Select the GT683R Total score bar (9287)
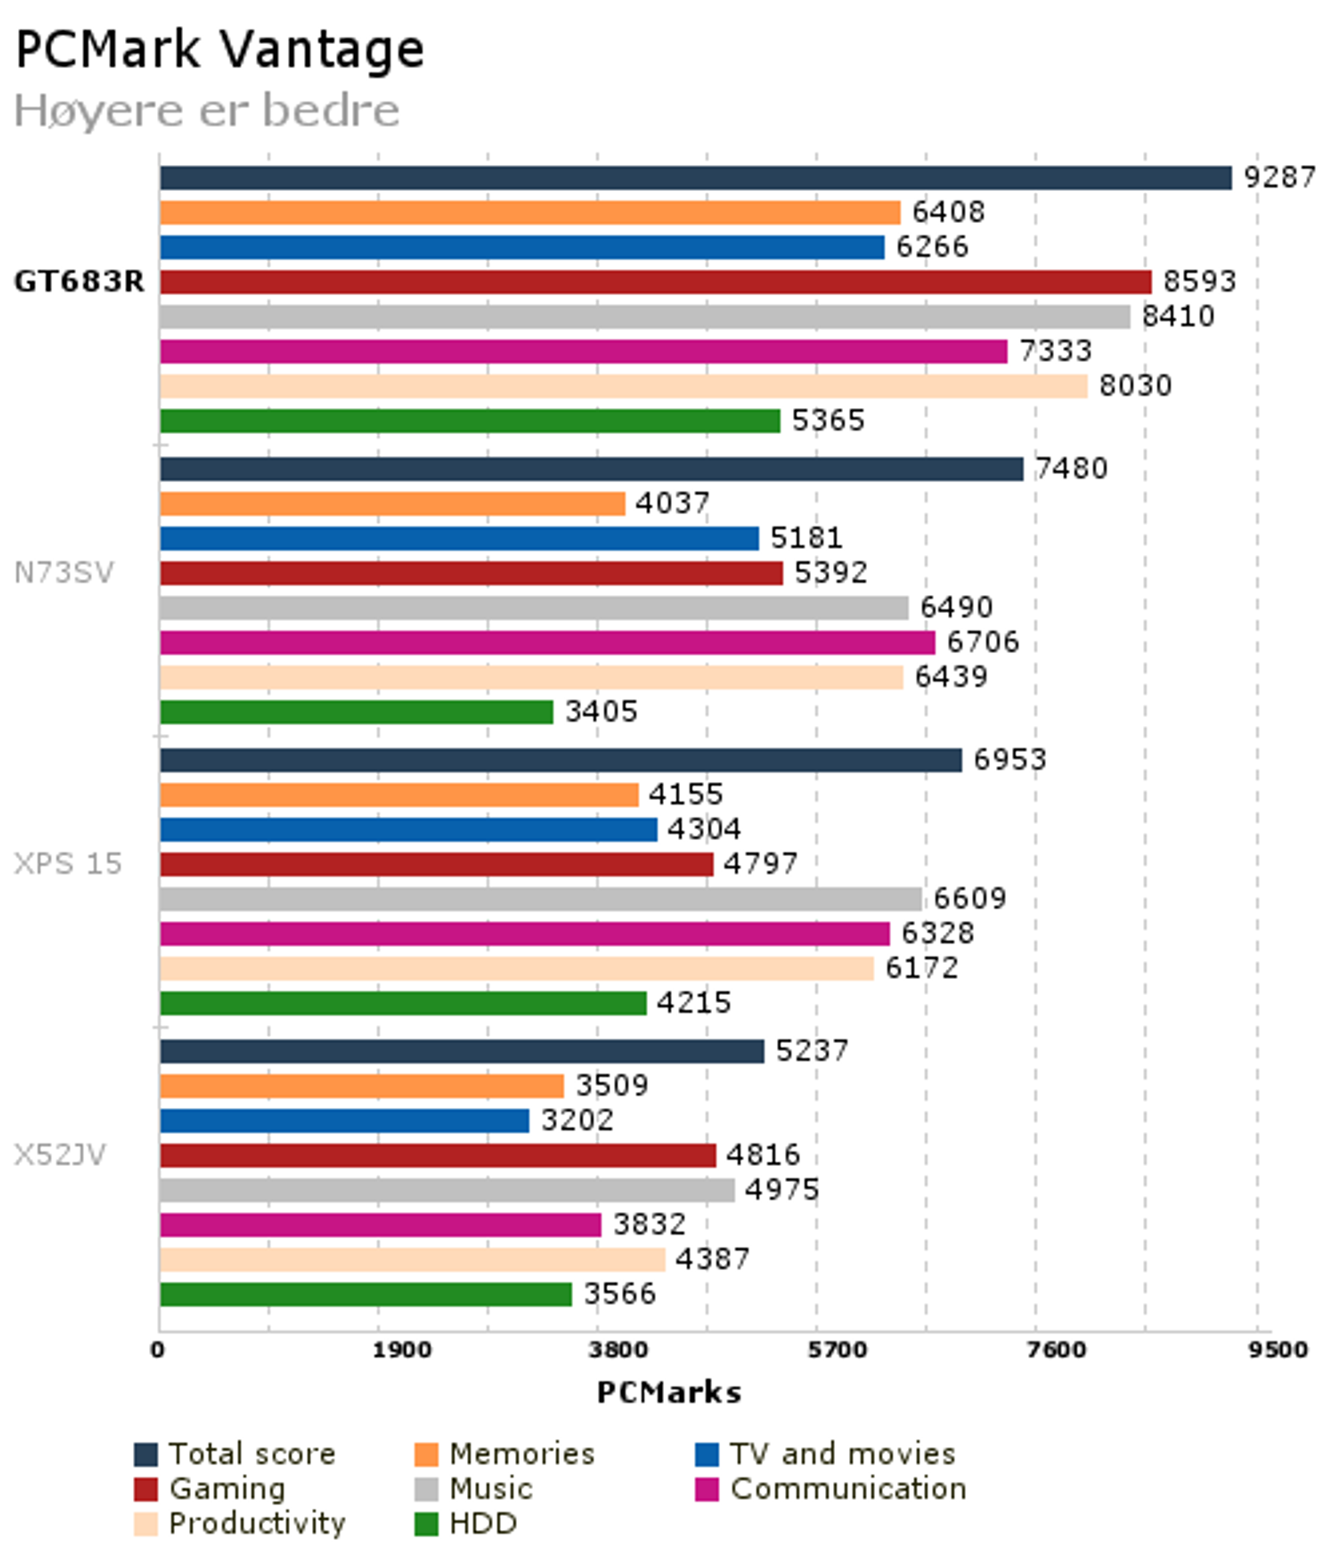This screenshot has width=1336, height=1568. coord(695,178)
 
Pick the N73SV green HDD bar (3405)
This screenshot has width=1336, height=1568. coord(357,712)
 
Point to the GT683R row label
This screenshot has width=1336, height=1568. coord(79,282)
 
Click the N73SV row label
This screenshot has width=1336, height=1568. coord(63,573)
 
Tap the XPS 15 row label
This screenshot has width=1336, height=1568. coord(68,863)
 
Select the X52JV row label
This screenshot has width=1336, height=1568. coord(60,1155)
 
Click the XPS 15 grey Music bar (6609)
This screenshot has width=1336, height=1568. coord(540,899)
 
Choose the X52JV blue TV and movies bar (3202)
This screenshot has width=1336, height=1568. coord(345,1121)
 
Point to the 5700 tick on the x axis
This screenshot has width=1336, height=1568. coord(836,1350)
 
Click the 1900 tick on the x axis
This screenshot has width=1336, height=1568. coord(401,1350)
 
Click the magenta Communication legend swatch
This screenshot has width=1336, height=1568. coord(706,1489)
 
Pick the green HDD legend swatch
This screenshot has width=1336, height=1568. coord(426,1524)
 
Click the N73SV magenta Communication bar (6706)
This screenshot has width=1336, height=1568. coord(547,643)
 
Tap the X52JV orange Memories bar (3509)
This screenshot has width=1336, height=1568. coord(362,1086)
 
